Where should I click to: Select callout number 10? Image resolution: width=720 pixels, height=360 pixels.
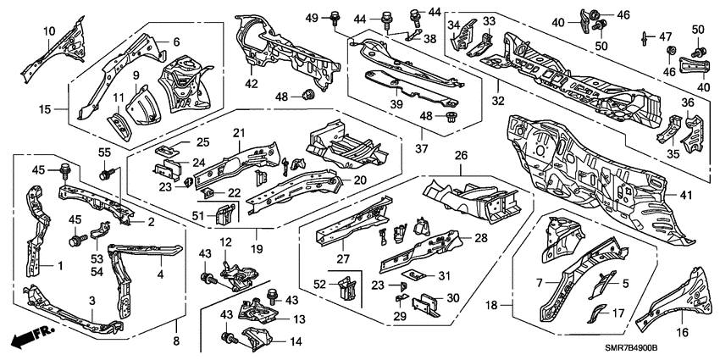coord(49,32)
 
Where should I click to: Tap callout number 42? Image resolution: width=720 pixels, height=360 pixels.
coord(252,83)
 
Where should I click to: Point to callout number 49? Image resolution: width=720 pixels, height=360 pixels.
coord(311,17)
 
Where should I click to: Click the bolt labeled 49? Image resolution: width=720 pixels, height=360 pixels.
coord(334,16)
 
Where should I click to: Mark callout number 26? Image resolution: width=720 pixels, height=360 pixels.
coord(462,155)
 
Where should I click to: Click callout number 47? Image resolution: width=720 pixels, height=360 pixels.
coord(665,36)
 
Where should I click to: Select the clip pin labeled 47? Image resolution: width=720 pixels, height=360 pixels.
coord(645,36)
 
